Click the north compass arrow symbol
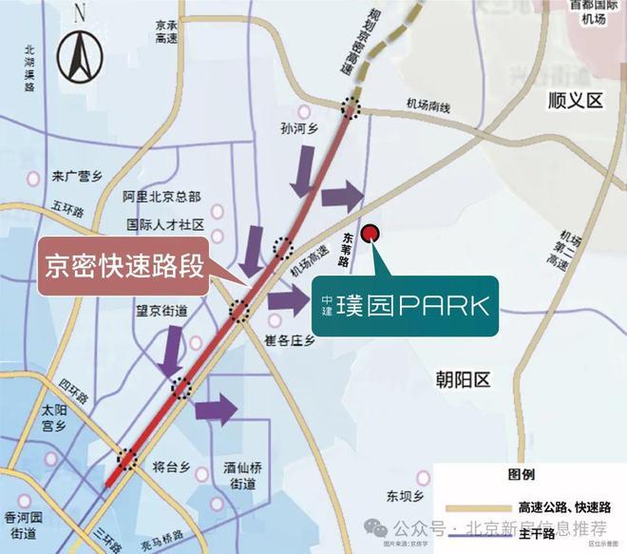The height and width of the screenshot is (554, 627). click(78, 54)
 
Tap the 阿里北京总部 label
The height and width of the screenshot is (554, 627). click(162, 197)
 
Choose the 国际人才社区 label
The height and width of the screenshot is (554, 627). click(166, 226)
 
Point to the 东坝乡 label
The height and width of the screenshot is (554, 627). click(403, 495)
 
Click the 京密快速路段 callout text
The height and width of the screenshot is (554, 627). click(125, 265)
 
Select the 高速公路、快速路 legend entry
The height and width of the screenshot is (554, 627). click(564, 506)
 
